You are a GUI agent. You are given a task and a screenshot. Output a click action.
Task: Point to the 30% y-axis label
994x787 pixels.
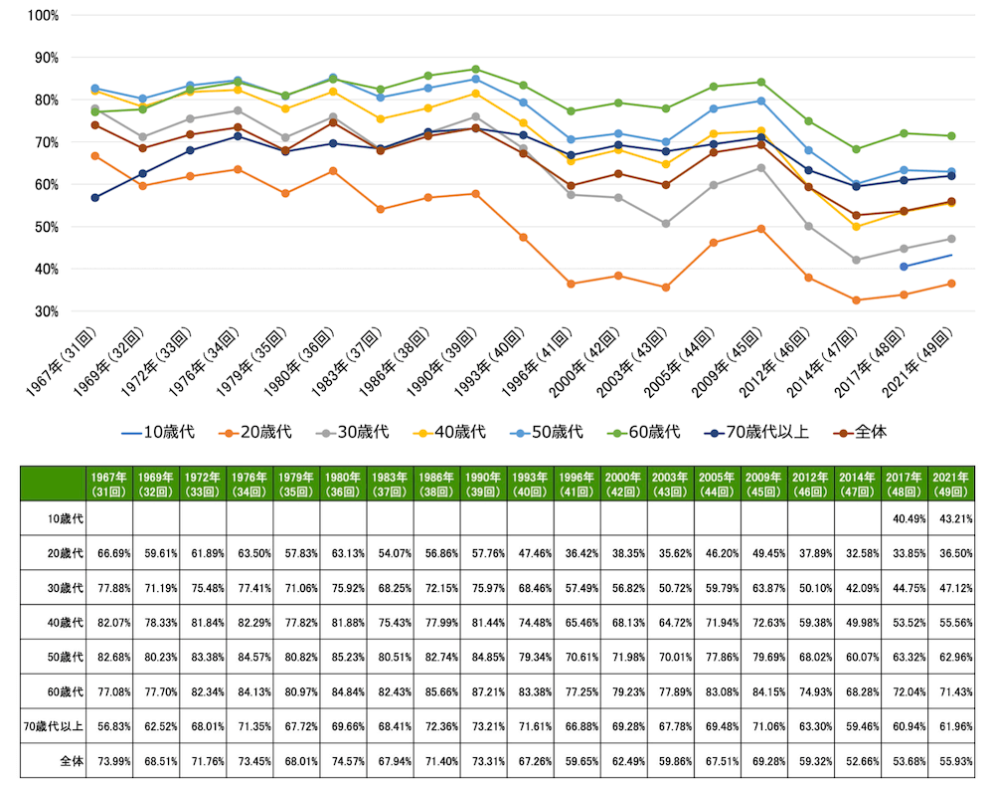(45, 311)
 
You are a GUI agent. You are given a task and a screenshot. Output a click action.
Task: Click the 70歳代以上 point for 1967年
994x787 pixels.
(94, 198)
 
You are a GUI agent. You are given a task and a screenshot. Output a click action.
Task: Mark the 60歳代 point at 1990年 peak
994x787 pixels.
(475, 70)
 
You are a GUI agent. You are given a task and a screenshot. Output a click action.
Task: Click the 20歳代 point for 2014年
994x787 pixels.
(856, 300)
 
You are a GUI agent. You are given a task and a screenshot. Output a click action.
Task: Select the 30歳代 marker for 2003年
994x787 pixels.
(666, 224)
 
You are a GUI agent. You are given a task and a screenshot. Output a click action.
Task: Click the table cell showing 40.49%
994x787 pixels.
(905, 518)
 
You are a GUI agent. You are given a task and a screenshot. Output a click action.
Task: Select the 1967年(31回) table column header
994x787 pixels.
(109, 482)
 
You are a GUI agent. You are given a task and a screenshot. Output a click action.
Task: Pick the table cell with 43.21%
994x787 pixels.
(951, 518)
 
